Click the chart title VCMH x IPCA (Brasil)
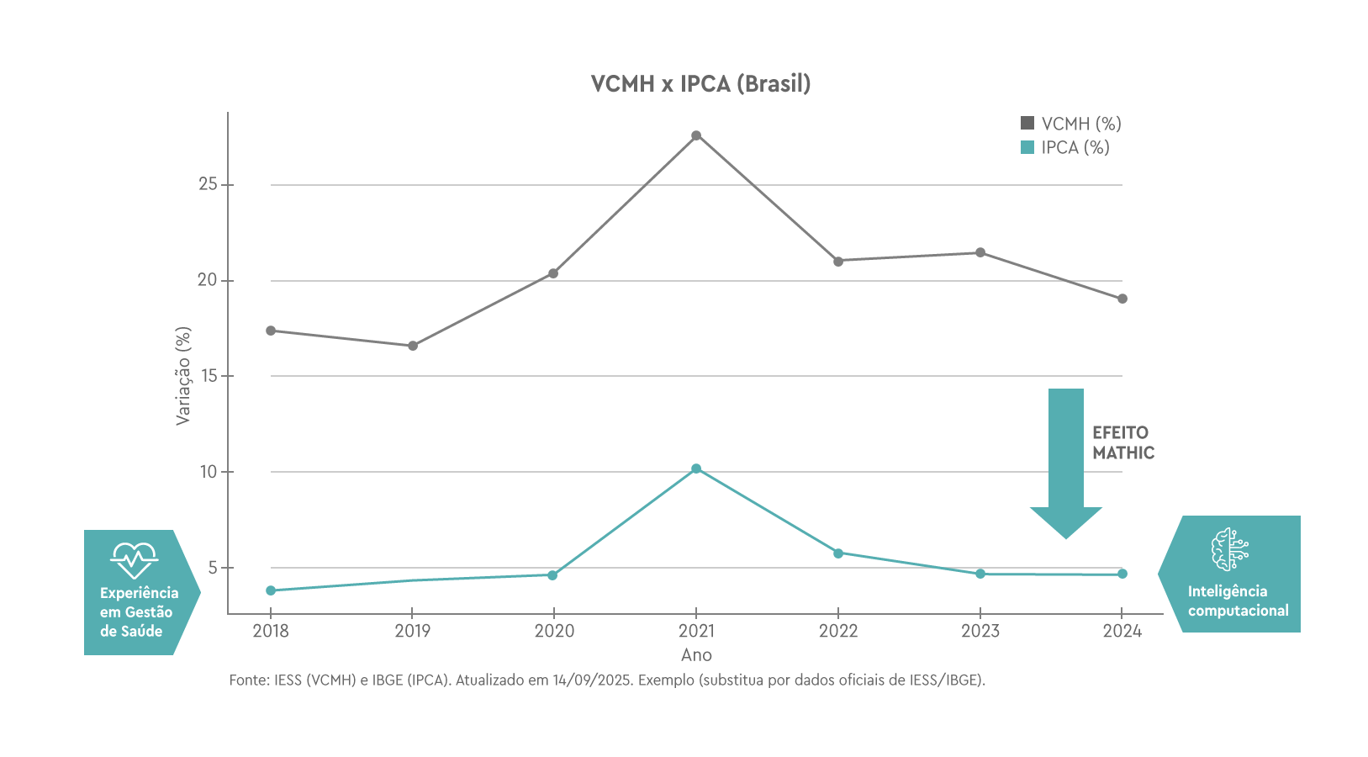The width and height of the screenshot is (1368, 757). pyautogui.click(x=700, y=84)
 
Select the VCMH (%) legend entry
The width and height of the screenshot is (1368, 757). pyautogui.click(x=1070, y=124)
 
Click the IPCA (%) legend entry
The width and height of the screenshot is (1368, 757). pyautogui.click(x=1064, y=147)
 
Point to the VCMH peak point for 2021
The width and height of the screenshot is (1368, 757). pyautogui.click(x=696, y=135)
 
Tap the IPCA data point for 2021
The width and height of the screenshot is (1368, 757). pyautogui.click(x=696, y=468)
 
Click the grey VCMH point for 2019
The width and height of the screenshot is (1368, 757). pyautogui.click(x=413, y=346)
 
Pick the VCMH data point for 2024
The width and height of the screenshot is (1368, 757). pyautogui.click(x=1122, y=299)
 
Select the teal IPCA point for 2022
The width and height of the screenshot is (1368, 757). pyautogui.click(x=838, y=553)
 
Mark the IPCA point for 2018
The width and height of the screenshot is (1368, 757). pyautogui.click(x=271, y=590)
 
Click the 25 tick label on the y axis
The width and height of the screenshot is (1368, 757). pyautogui.click(x=208, y=184)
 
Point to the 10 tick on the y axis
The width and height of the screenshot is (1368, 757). pyautogui.click(x=208, y=472)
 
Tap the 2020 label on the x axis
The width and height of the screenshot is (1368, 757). pyautogui.click(x=554, y=631)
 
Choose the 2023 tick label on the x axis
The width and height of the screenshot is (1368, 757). pyautogui.click(x=980, y=631)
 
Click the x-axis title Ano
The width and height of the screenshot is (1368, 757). pyautogui.click(x=696, y=655)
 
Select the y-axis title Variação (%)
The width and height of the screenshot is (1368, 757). pyautogui.click(x=183, y=376)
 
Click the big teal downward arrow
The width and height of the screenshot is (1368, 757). pyautogui.click(x=1066, y=463)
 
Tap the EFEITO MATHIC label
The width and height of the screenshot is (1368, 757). pyautogui.click(x=1123, y=442)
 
